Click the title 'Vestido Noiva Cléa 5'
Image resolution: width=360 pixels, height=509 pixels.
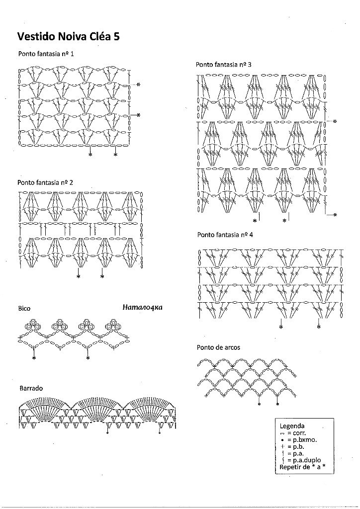(69, 37)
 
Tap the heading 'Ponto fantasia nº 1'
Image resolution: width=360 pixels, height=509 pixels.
(46, 54)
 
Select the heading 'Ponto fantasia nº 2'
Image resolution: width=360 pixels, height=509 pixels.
(45, 182)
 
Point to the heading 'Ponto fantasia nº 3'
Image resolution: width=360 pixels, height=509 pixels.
(223, 65)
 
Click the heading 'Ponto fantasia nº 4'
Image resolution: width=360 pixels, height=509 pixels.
(225, 235)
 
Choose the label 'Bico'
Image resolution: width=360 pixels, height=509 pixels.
(24, 308)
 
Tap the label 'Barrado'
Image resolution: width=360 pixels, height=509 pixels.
(31, 388)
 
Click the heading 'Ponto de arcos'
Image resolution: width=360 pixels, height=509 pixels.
(218, 347)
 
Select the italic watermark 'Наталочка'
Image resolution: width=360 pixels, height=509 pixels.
(143, 307)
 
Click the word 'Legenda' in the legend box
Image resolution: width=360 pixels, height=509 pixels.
(292, 426)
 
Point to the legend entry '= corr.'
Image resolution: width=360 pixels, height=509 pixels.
(293, 433)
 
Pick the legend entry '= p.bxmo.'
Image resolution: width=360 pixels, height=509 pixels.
(298, 440)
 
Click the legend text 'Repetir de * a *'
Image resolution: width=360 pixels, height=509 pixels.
(302, 467)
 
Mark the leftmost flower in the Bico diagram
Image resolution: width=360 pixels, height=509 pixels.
(33, 325)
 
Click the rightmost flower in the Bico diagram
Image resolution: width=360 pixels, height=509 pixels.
(113, 325)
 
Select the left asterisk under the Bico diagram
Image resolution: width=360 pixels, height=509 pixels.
(33, 358)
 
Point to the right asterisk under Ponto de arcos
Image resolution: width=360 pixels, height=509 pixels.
(277, 405)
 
